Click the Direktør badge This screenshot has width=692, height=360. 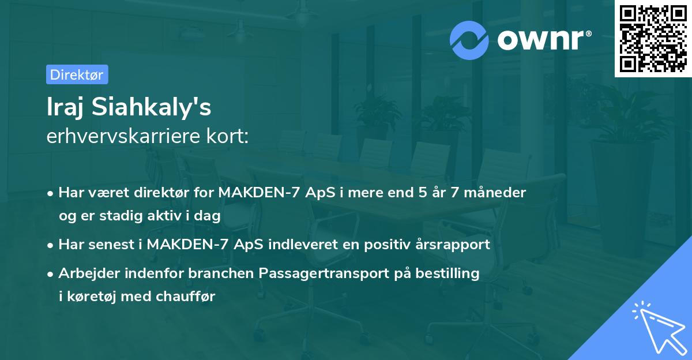coord(77,74)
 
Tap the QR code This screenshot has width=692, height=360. coord(653,38)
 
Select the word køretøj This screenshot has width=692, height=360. coord(92,297)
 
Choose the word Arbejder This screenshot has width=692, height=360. coord(86,273)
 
